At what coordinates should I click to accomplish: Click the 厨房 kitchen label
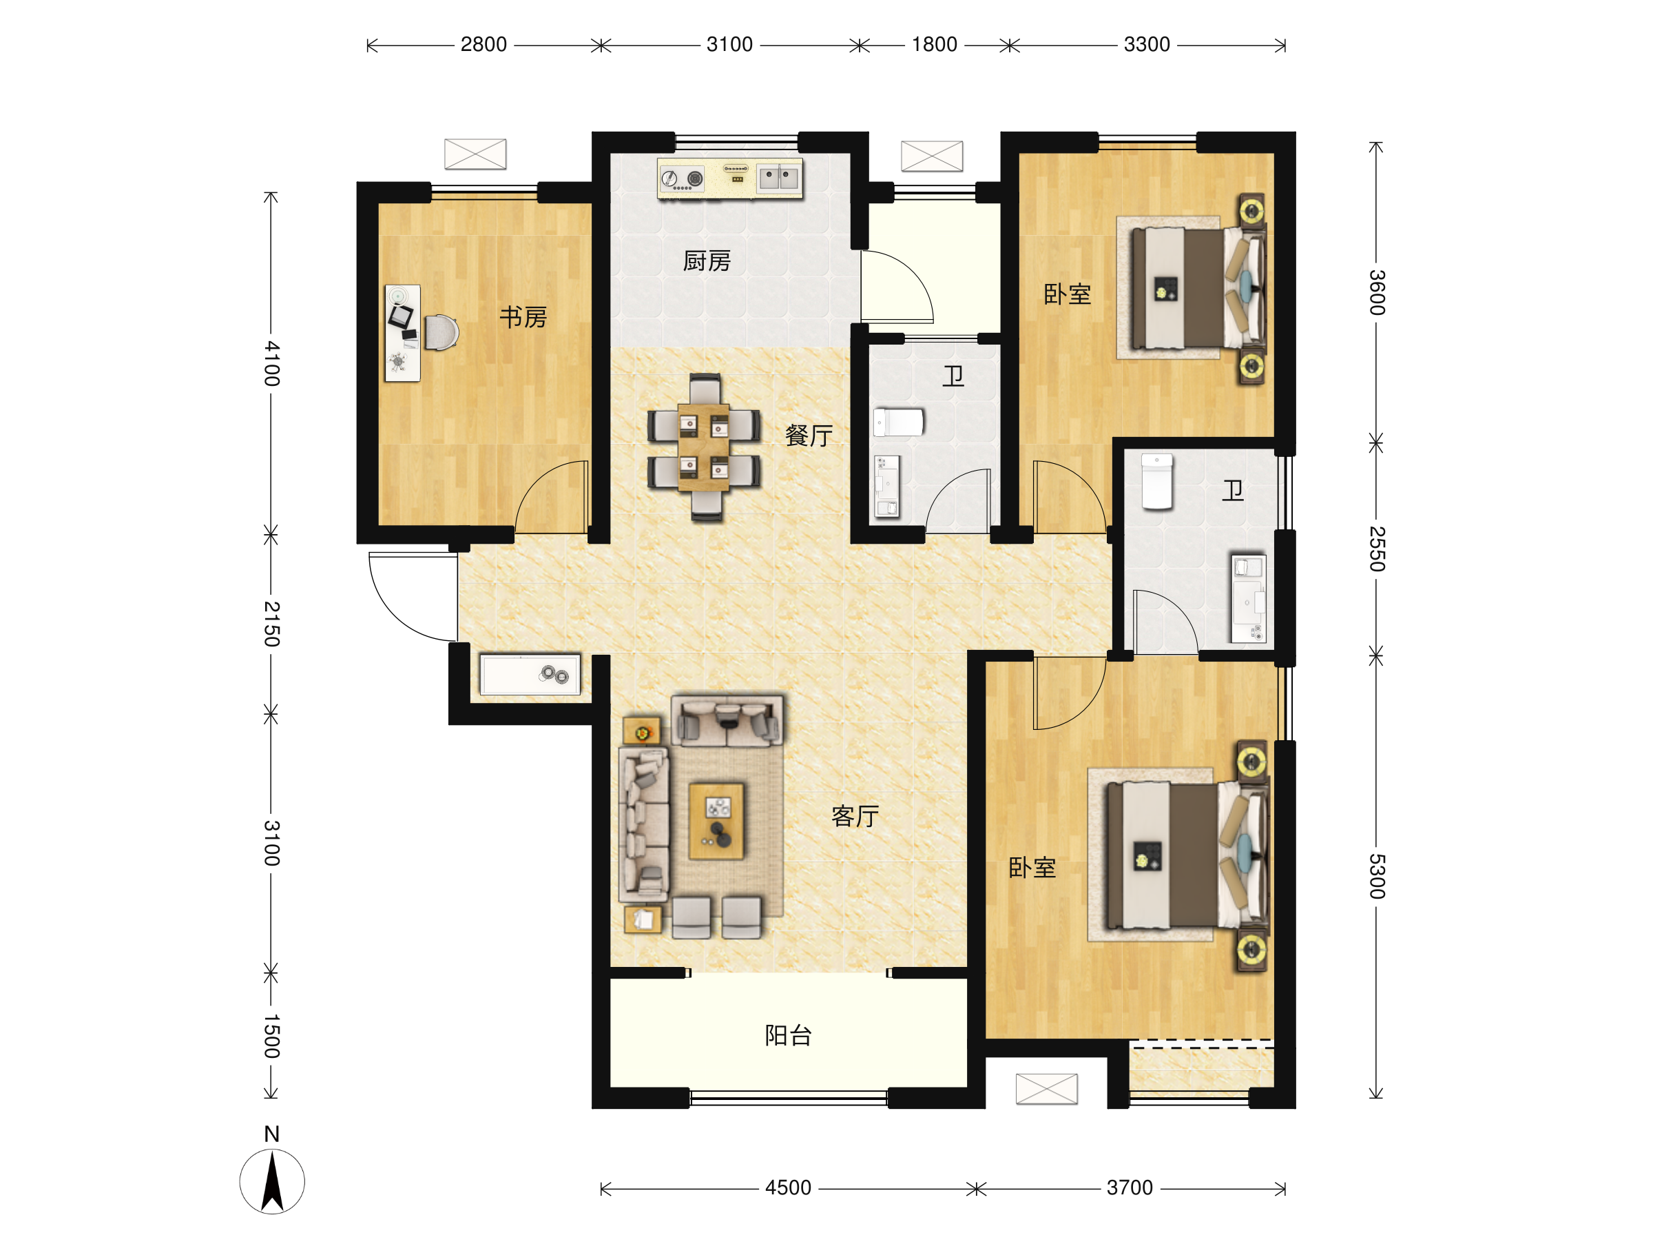pyautogui.click(x=706, y=261)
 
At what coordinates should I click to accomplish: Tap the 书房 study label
pyautogui.click(x=523, y=317)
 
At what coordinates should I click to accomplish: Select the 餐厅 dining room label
pyautogui.click(x=809, y=435)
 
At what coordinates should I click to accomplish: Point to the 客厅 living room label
pyautogui.click(x=855, y=815)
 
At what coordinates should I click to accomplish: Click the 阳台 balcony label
pyautogui.click(x=789, y=1035)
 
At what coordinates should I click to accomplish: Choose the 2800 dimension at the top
pyautogui.click(x=484, y=45)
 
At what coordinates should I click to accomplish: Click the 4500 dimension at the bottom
pyautogui.click(x=789, y=1188)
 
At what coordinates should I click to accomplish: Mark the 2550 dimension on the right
pyautogui.click(x=1377, y=549)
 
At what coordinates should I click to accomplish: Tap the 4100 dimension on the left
pyautogui.click(x=272, y=363)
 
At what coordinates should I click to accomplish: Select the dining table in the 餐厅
pyautogui.click(x=703, y=447)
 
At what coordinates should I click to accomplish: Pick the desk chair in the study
pyautogui.click(x=441, y=332)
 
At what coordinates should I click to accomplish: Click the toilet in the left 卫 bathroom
pyautogui.click(x=899, y=422)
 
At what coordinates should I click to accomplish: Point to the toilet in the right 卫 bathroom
pyautogui.click(x=1157, y=482)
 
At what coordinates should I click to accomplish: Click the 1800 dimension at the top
pyautogui.click(x=934, y=45)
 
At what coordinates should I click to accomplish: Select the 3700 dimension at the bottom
pyautogui.click(x=1130, y=1188)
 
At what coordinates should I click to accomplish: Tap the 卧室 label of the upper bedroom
pyautogui.click(x=1067, y=294)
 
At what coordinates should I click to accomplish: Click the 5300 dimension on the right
pyautogui.click(x=1377, y=876)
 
